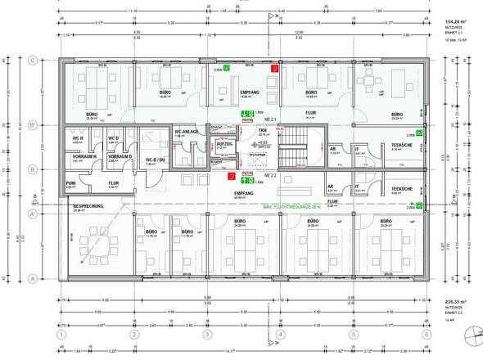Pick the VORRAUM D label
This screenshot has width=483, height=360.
[120, 156]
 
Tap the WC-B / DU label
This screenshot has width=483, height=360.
[156, 160]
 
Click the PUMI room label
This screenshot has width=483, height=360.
[70, 183]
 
